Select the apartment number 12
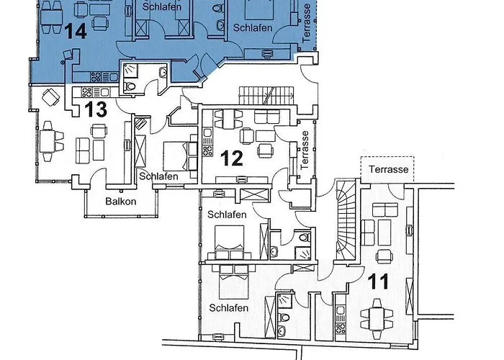pyautogui.click(x=231, y=157)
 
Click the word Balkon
pyautogui.click(x=120, y=202)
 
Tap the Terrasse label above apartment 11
pyautogui.click(x=388, y=170)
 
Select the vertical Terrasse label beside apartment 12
pyautogui.click(x=306, y=148)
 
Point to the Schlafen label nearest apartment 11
pyautogui.click(x=228, y=308)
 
